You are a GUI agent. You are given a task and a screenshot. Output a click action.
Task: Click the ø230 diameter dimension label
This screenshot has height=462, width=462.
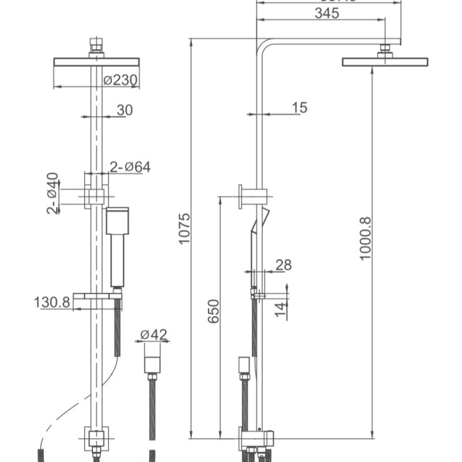coord(121,81)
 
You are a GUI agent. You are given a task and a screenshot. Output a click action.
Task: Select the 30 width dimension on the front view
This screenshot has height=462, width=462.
coord(124,110)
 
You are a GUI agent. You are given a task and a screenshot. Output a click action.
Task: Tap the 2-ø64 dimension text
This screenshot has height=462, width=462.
coord(130,167)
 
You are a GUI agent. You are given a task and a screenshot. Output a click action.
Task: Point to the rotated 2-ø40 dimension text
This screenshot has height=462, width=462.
coord(53,193)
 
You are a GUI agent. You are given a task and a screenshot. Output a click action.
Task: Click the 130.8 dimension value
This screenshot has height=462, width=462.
coord(52,302)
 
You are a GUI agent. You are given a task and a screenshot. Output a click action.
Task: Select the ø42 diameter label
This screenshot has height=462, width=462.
coord(154,334)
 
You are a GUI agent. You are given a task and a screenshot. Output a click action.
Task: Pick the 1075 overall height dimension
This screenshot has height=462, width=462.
coord(184,228)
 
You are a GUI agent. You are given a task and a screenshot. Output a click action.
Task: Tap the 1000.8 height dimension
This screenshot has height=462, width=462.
coord(366,238)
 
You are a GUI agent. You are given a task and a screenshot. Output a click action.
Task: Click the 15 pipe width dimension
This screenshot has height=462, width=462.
coord(300,108)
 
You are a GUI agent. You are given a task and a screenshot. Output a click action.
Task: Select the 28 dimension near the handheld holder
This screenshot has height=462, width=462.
coord(284,265)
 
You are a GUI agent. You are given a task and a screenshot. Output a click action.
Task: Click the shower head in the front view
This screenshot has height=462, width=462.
coord(96,62)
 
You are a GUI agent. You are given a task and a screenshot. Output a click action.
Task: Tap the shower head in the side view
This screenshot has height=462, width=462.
coord(385,62)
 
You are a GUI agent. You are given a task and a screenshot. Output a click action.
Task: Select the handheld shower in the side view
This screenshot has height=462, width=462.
coord(256,243)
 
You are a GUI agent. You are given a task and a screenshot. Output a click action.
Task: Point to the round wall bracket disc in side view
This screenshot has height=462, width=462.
coord(240,196)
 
